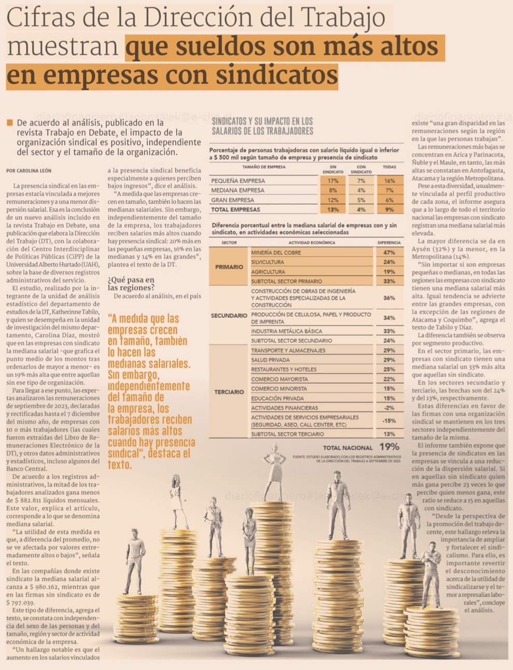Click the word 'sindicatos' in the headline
pos(276,76)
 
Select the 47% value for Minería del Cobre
pos(389,253)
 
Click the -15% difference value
pos(389,421)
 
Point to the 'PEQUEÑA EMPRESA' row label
pos(238,181)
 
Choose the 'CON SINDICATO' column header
pos(361,170)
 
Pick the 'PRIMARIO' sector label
pos(229,267)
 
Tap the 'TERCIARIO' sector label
pos(229,392)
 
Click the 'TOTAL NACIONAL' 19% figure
pos(389,447)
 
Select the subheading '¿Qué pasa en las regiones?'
pos(131,284)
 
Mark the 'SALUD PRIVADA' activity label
pos(270,360)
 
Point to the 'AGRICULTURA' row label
pos(268,272)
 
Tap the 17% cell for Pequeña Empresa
pos(333,181)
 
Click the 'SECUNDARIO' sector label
pos(229,315)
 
